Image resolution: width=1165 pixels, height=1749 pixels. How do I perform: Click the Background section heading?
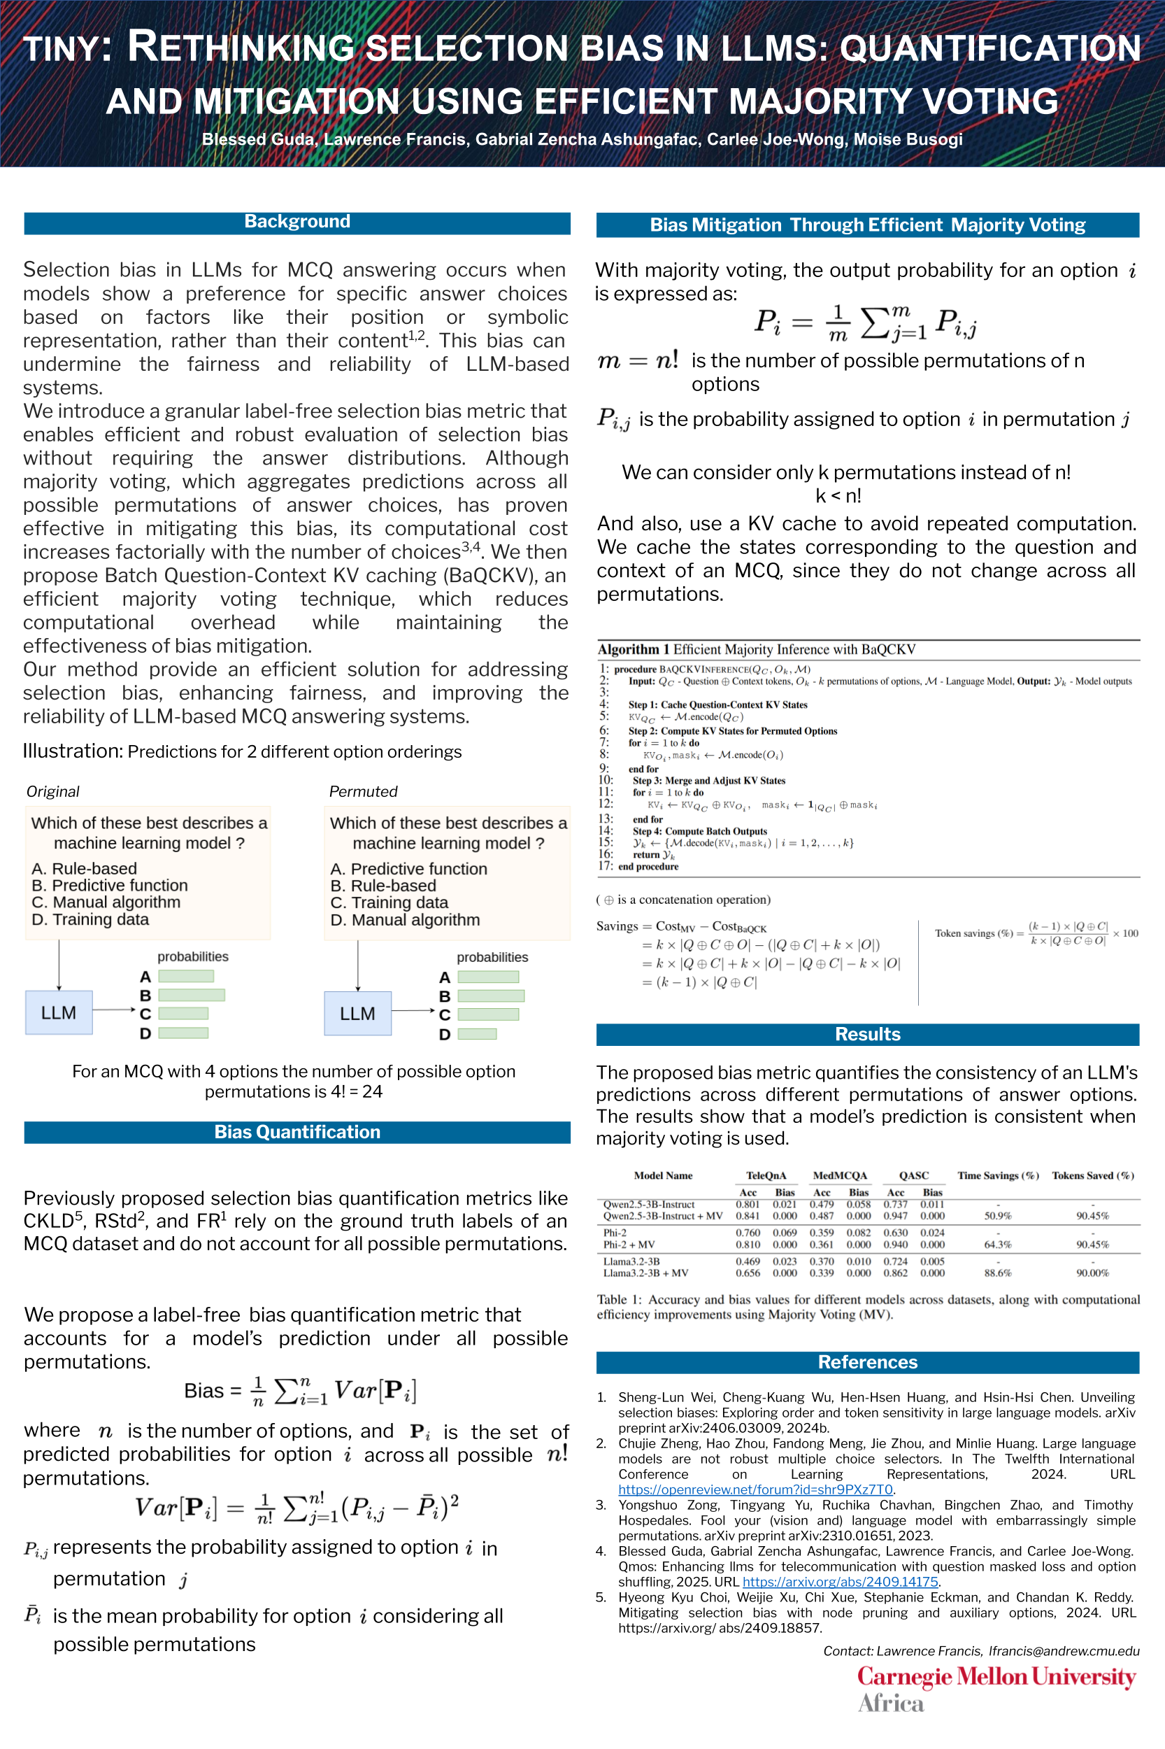[x=297, y=222]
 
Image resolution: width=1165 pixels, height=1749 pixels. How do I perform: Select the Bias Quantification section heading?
[x=297, y=1132]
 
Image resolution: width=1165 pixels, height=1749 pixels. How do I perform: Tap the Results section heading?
[x=867, y=1034]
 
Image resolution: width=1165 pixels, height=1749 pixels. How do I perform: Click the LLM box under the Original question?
[x=59, y=1012]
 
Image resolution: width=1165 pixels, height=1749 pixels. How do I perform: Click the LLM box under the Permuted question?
[x=357, y=1013]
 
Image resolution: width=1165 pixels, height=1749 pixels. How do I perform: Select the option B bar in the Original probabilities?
[x=191, y=995]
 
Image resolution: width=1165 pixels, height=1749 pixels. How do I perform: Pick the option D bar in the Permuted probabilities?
[x=477, y=1034]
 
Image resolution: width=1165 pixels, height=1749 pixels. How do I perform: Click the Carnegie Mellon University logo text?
[x=996, y=1677]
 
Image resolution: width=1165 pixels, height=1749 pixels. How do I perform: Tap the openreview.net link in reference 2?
[x=755, y=1489]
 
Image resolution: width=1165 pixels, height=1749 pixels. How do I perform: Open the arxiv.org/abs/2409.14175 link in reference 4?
[x=840, y=1582]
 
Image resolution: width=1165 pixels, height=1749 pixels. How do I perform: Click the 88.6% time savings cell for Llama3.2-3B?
[x=997, y=1273]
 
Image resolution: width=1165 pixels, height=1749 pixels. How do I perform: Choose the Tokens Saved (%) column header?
[x=1092, y=1175]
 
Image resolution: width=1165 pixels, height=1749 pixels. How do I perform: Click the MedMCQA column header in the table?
[x=840, y=1175]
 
